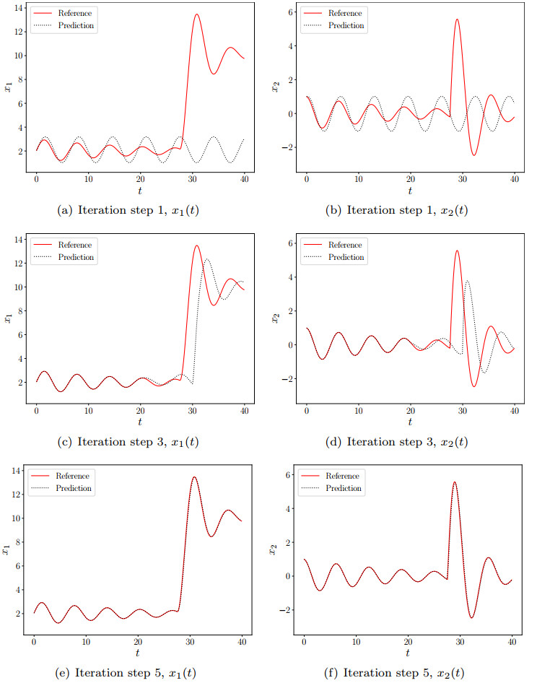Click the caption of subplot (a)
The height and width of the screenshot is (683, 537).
coord(141,211)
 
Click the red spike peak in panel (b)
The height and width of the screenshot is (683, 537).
coord(457,19)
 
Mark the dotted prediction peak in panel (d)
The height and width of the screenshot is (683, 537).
coord(468,281)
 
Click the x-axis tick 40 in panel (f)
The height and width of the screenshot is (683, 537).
coord(512,640)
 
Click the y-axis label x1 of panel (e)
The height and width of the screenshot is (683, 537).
coord(7,551)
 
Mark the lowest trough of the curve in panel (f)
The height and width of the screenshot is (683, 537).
coord(471,617)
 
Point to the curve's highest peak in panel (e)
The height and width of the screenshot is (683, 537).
coord(194,477)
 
